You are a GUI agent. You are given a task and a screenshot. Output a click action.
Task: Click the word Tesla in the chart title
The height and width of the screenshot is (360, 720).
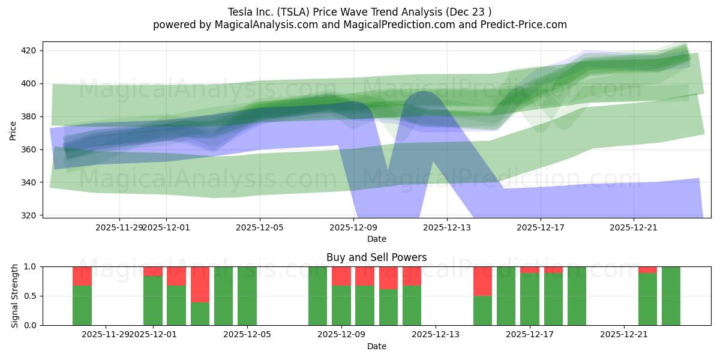241,12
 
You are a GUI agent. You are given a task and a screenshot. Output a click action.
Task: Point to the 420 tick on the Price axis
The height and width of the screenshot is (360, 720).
30,50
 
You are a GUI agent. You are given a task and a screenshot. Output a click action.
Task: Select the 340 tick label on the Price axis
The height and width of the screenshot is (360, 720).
30,182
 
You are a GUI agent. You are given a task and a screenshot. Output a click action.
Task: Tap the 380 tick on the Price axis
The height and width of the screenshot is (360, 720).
30,116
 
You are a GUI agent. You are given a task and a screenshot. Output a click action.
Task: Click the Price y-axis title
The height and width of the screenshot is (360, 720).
13,130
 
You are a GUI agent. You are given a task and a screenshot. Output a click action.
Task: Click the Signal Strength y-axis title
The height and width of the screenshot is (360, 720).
15,296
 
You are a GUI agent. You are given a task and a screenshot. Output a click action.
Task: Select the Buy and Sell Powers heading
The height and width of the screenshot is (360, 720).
376,257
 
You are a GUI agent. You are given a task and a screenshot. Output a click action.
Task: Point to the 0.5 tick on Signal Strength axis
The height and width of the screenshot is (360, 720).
30,296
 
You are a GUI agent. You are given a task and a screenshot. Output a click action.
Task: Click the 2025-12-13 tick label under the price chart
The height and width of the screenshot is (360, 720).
447,227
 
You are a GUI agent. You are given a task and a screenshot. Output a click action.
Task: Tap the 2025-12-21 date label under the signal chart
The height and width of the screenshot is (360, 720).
625,335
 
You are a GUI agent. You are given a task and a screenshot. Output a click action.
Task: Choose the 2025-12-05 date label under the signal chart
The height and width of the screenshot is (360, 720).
247,335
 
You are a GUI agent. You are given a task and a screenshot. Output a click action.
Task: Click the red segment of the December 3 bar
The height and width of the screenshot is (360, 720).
200,284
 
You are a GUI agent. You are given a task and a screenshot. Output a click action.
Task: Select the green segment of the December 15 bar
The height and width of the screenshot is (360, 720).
482,310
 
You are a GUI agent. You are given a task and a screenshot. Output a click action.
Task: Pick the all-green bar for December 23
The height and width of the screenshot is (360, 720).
671,296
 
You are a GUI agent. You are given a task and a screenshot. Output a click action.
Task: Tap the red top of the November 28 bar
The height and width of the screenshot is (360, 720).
82,276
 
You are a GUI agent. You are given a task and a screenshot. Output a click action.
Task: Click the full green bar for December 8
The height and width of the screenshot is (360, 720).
318,296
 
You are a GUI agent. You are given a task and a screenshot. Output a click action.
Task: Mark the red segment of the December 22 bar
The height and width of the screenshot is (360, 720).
647,269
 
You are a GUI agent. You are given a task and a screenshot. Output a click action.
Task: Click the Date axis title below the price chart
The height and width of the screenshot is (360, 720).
376,239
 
